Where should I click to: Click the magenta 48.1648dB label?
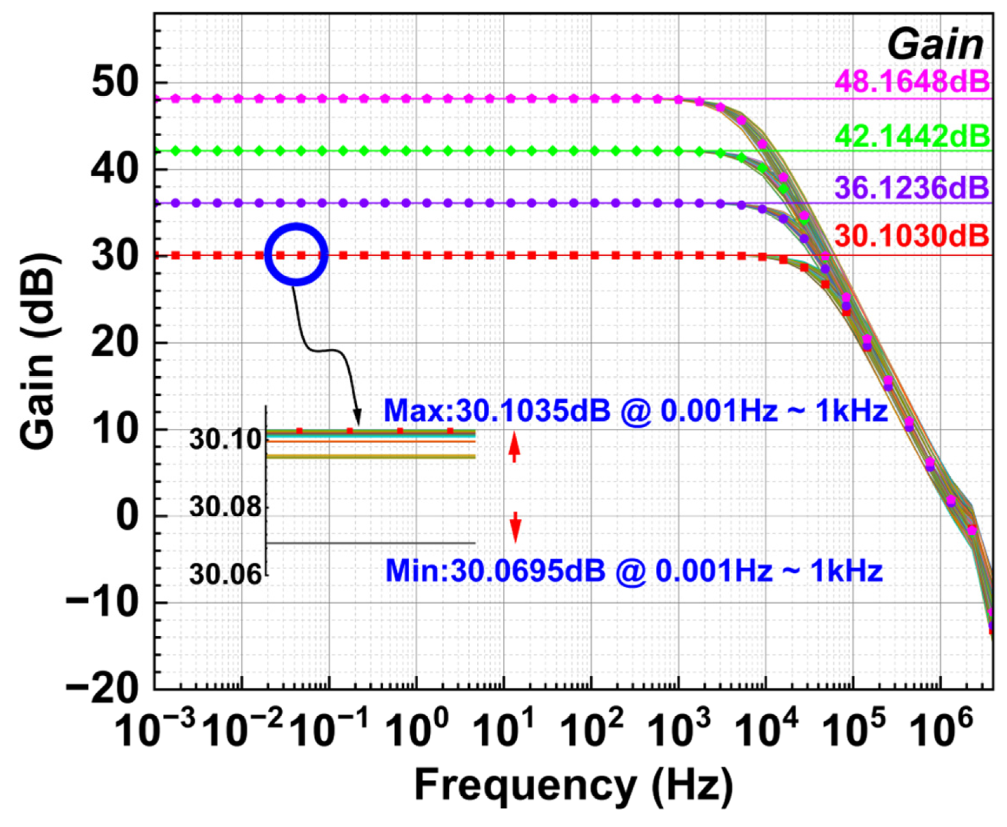912,82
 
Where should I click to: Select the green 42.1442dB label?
912,136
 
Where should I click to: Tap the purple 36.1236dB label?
912,188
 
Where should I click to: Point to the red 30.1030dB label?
912,236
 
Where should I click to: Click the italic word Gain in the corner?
935,45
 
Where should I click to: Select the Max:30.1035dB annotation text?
635,411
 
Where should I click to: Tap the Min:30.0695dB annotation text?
633,571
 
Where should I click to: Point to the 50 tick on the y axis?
115,82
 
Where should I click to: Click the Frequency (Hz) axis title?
573,786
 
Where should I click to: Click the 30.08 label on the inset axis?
225,508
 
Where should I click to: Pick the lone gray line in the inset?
371,543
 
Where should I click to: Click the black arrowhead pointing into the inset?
357,417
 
